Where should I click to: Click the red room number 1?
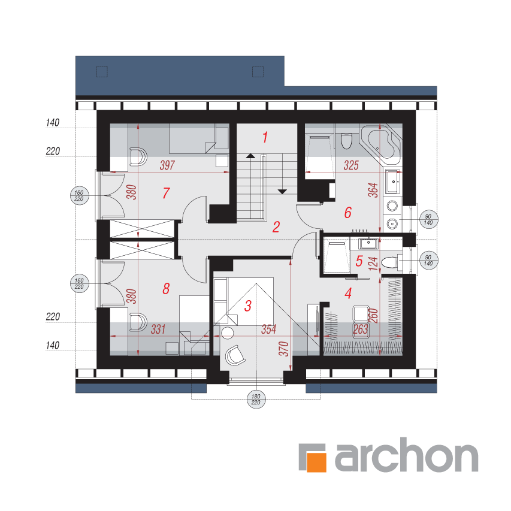click(265, 137)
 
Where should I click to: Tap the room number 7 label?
click(166, 193)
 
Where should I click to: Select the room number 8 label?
click(166, 289)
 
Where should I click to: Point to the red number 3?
click(248, 306)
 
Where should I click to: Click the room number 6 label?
click(348, 213)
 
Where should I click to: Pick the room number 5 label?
click(359, 261)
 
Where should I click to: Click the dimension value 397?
click(167, 165)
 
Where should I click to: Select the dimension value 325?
click(351, 165)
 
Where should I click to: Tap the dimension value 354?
click(269, 329)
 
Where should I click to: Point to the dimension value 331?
click(158, 329)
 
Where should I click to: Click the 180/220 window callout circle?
click(256, 399)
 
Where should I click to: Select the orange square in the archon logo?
click(316, 462)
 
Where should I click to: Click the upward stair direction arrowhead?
click(250, 156)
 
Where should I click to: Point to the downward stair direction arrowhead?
click(282, 192)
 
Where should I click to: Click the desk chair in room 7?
click(138, 157)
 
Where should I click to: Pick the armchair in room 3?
click(235, 355)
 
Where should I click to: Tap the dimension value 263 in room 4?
click(361, 329)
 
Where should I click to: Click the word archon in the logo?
click(407, 455)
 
